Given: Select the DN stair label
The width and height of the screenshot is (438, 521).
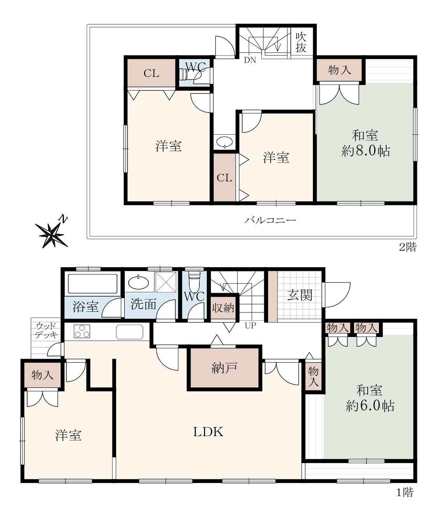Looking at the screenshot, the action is (250, 60).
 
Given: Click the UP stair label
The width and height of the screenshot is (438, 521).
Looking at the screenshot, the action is (250, 325).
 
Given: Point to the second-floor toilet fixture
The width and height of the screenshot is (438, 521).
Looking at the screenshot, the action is (185, 74).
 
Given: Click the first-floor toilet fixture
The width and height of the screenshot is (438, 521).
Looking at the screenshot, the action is (194, 280).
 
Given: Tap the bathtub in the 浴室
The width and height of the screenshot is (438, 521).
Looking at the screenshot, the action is (92, 284).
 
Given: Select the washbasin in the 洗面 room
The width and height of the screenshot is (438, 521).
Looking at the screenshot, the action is (138, 282).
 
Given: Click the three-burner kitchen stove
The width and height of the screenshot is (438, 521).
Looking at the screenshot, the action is (82, 332).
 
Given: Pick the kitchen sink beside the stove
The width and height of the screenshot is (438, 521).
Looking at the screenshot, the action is (129, 332).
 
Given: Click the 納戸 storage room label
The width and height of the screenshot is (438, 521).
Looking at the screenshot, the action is (224, 368).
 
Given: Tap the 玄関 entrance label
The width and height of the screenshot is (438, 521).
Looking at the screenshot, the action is (300, 295).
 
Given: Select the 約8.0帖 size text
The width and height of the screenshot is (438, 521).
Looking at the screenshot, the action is (366, 151).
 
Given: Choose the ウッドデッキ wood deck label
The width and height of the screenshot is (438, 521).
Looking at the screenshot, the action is (46, 331).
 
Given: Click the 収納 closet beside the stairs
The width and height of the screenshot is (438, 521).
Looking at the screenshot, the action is (223, 308).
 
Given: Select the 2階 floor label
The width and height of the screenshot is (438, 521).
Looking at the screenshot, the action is (408, 247).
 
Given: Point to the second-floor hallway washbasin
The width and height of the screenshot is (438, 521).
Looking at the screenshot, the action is (225, 142).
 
